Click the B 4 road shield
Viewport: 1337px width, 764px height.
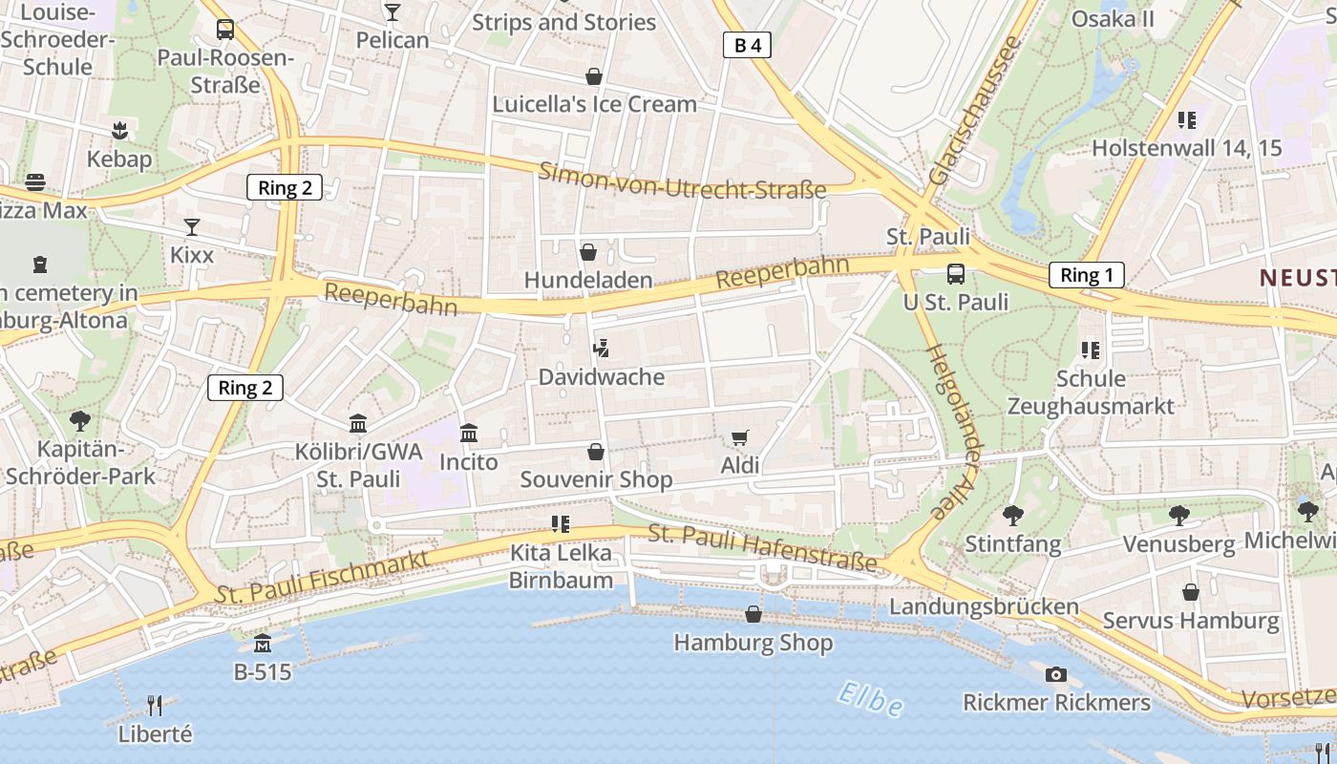point(747,45)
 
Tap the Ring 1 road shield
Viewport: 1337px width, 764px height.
point(1087,275)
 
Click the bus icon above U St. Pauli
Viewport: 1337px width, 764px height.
point(955,274)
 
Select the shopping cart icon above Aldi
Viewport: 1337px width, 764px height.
point(739,437)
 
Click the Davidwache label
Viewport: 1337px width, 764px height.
point(602,377)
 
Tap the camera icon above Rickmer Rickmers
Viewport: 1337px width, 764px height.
point(1055,674)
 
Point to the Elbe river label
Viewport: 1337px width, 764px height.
point(869,700)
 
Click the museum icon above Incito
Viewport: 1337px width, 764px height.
point(469,434)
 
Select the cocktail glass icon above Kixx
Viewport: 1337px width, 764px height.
point(192,227)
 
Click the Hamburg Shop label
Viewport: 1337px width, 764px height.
point(753,643)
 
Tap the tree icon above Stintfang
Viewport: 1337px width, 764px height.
point(1013,516)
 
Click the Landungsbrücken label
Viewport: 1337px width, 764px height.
point(984,606)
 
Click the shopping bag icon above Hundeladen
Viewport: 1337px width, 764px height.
point(588,252)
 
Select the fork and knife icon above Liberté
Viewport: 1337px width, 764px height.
point(155,706)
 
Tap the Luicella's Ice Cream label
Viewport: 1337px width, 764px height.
point(594,104)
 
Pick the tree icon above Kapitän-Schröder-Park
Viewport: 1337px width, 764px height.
point(80,420)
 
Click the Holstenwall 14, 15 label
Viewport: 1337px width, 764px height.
point(1186,148)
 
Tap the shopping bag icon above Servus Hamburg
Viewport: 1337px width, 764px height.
point(1190,592)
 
